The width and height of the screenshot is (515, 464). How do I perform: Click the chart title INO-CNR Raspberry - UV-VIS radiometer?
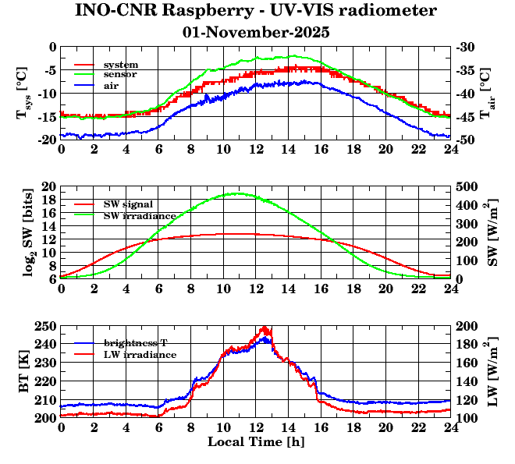click(x=256, y=11)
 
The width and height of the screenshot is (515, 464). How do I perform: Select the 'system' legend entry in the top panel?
click(x=121, y=64)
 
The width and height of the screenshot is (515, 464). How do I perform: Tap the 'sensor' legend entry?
click(x=121, y=75)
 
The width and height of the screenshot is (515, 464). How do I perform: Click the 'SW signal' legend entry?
click(x=128, y=204)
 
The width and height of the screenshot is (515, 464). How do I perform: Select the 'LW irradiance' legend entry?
click(x=140, y=354)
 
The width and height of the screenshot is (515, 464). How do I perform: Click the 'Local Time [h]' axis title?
click(x=255, y=442)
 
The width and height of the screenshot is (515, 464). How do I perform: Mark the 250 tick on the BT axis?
click(x=46, y=326)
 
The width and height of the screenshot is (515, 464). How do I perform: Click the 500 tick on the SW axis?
click(x=467, y=187)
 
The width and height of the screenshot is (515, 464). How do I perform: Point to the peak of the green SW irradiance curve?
click(x=239, y=193)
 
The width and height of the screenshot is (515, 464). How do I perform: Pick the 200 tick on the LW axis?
click(x=467, y=326)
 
